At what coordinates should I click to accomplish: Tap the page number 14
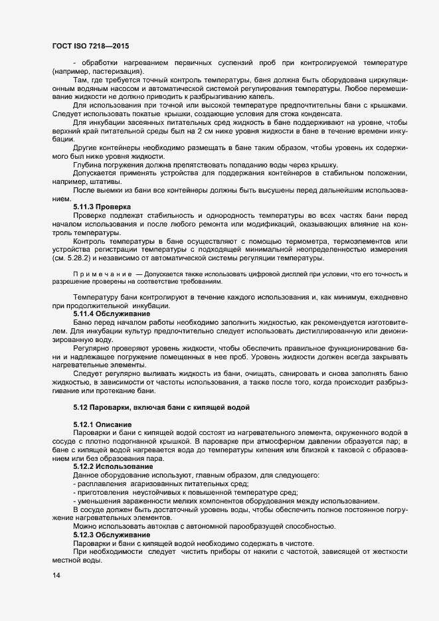[x=56, y=575]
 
